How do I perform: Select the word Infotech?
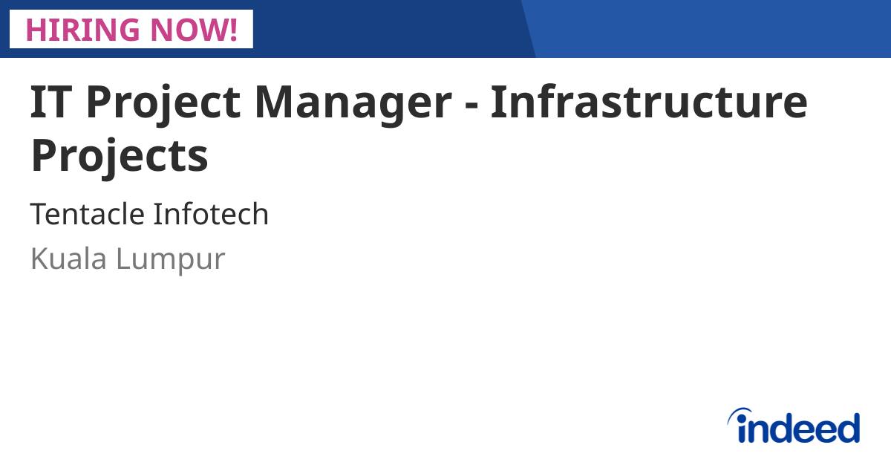[x=211, y=215]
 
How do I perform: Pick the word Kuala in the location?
[x=67, y=259]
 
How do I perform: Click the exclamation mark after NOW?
[x=232, y=29]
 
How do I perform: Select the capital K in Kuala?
[x=38, y=259]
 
